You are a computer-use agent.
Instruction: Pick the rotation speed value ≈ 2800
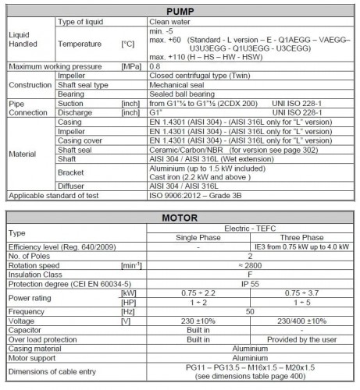tap(244, 265)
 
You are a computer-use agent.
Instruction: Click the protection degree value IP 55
tap(244, 285)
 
